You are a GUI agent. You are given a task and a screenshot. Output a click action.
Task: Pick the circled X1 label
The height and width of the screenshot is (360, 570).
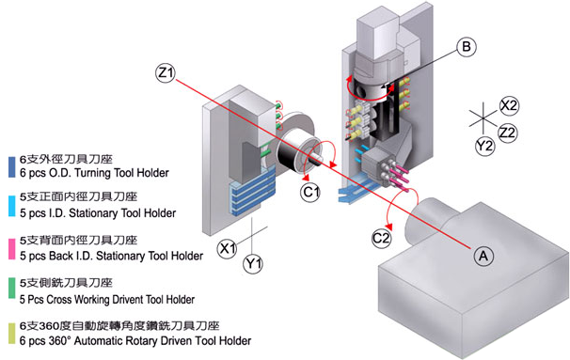[x=226, y=249]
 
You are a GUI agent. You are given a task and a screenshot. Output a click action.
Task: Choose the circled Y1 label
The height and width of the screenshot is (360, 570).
[x=253, y=266]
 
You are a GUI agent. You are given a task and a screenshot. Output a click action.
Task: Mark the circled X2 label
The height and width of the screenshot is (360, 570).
[x=510, y=104]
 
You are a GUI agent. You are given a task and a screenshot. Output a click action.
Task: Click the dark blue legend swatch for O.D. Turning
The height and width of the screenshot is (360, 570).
[x=8, y=167]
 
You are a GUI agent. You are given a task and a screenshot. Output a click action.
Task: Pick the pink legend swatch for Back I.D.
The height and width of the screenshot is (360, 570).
[x=8, y=248]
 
